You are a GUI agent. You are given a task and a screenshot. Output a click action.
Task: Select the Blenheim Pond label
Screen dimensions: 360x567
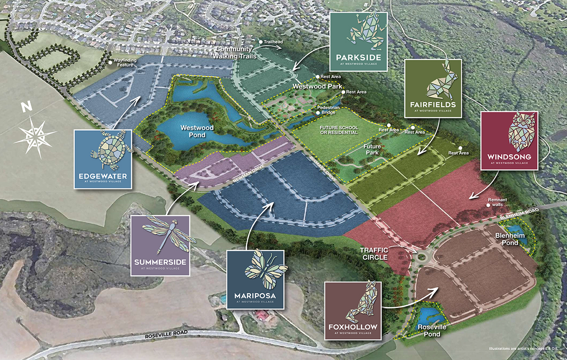point(506,239)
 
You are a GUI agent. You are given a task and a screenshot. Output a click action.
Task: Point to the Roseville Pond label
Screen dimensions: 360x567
point(433,330)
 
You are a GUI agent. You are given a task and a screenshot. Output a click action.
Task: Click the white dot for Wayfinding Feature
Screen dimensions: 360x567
point(110,63)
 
